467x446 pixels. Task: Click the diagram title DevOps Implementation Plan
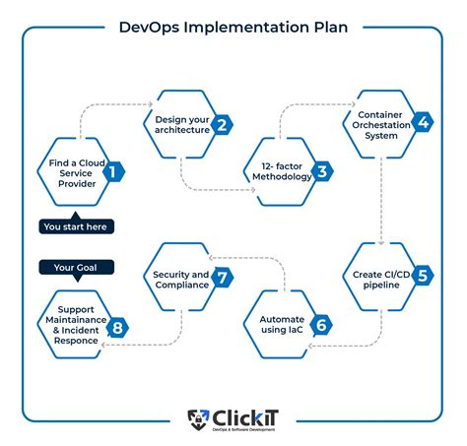pos(233,27)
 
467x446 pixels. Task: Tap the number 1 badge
pos(114,172)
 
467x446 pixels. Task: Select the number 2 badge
pos(224,124)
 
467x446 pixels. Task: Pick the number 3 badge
pos(322,173)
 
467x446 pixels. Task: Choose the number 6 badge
pos(321,325)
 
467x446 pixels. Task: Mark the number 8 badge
pos(117,326)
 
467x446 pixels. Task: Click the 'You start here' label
pos(77,226)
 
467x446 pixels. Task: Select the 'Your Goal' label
pos(77,267)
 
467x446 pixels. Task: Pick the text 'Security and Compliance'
pos(180,279)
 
